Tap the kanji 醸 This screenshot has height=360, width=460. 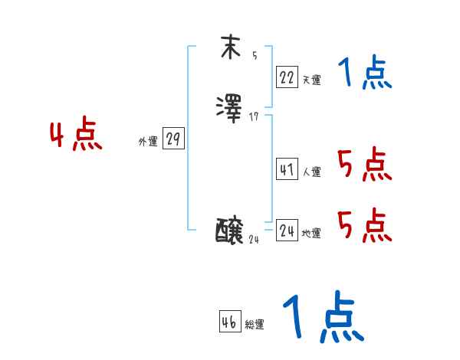click(230, 230)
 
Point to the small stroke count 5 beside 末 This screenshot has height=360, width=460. click(255, 56)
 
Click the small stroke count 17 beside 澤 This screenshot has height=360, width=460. click(255, 116)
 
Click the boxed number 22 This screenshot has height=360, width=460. click(287, 77)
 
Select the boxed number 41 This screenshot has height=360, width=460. click(287, 169)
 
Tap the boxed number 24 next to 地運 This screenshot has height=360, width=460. click(287, 230)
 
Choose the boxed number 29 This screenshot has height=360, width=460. click(173, 139)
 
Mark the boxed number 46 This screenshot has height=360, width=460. click(229, 322)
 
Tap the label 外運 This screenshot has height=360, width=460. click(148, 142)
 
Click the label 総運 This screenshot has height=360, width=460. click(255, 325)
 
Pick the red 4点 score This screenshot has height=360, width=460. click(77, 136)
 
